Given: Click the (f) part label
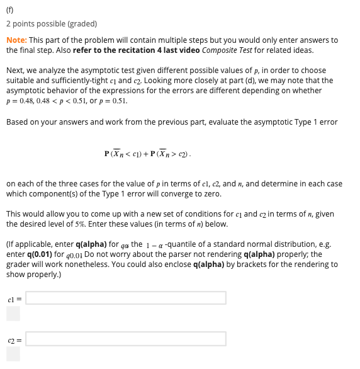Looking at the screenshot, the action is click(10, 9).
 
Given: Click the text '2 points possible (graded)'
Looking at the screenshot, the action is click(52, 24).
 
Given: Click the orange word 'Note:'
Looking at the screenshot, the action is click(16, 40).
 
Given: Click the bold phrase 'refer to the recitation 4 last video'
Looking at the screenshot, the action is click(137, 50).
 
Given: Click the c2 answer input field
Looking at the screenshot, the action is click(125, 339).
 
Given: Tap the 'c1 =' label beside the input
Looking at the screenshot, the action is click(14, 298).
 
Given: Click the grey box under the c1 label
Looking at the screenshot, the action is click(13, 313).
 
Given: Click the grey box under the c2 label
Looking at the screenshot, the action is click(13, 355).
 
